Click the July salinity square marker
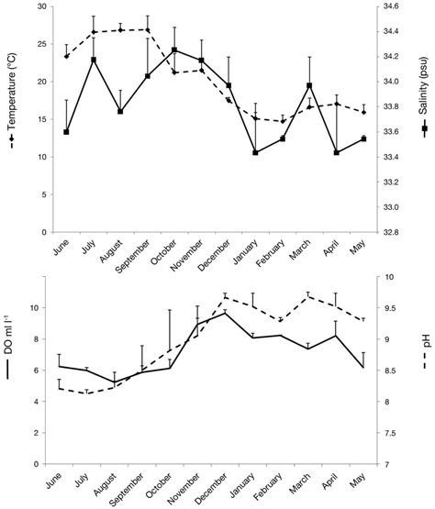click(x=93, y=60)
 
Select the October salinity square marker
click(x=174, y=50)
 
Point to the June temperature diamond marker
click(x=66, y=56)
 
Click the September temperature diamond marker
click(x=147, y=30)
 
